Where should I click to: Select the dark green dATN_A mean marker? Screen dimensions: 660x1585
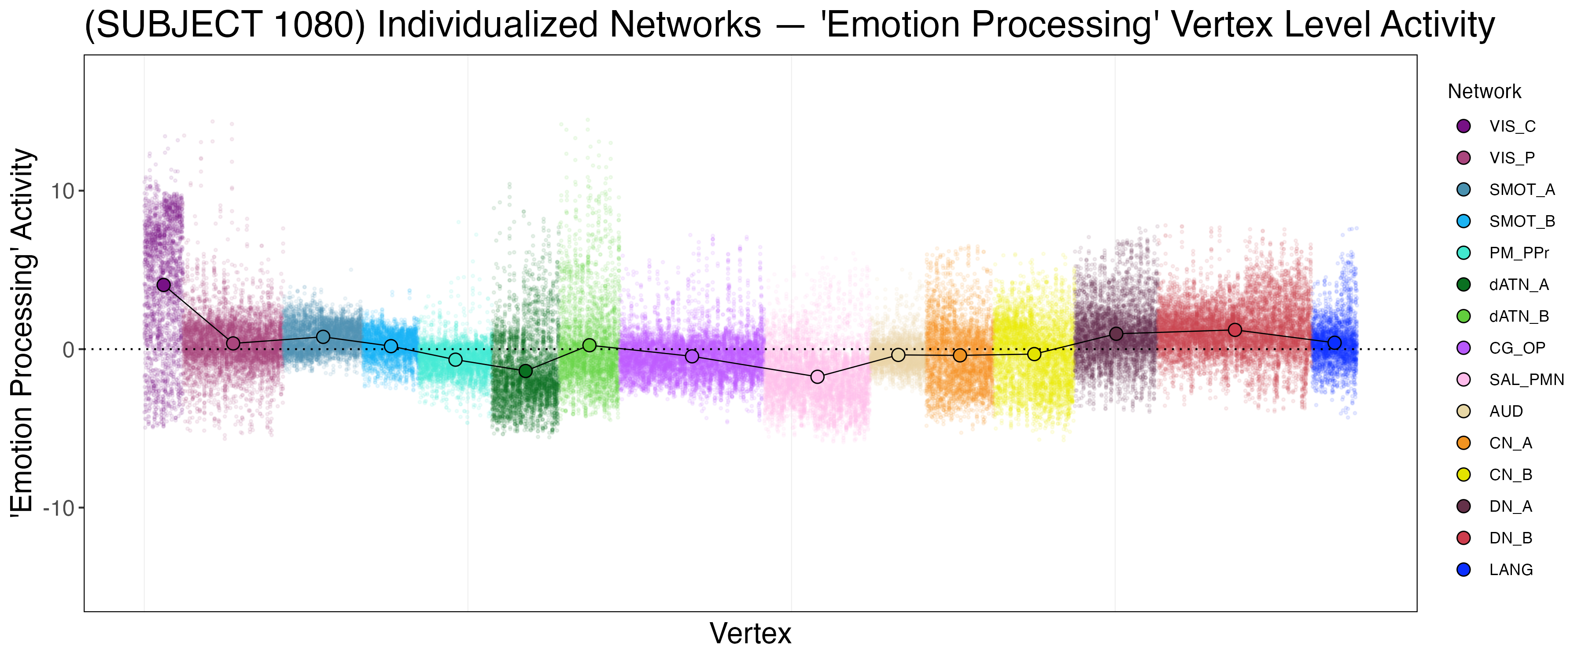click(x=525, y=371)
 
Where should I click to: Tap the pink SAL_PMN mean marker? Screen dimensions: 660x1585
click(x=817, y=377)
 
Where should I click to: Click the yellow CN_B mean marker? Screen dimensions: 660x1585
click(x=1034, y=354)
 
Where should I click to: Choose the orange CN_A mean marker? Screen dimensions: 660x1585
click(x=960, y=356)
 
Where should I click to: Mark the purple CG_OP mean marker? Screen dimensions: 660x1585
click(x=692, y=356)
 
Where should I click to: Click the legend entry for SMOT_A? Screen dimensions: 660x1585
click(x=1521, y=190)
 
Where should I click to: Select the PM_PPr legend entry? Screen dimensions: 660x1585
click(x=1519, y=253)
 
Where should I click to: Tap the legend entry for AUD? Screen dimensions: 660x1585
click(x=1506, y=411)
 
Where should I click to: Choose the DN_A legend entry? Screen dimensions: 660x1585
click(x=1511, y=506)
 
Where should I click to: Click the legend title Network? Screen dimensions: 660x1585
click(x=1484, y=92)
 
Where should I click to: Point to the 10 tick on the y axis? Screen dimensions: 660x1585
click(x=62, y=191)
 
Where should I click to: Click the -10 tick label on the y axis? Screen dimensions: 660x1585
click(x=59, y=508)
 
